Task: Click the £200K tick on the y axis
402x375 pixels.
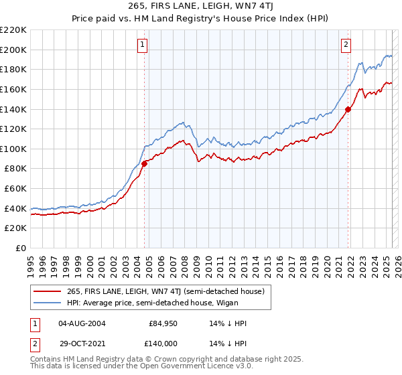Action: pyautogui.click(x=14, y=50)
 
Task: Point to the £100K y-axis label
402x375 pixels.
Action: pyautogui.click(x=14, y=149)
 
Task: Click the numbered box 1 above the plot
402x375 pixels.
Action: pyautogui.click(x=143, y=46)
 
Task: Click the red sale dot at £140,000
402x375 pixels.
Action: pyautogui.click(x=348, y=109)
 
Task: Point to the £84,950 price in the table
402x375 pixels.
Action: pyautogui.click(x=163, y=323)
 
